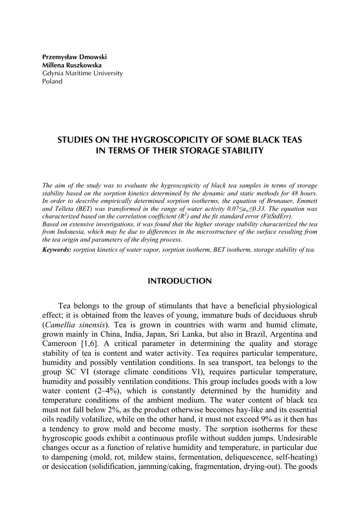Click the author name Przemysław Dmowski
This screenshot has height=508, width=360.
[x=74, y=57]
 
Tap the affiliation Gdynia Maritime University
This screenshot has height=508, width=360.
[x=82, y=73]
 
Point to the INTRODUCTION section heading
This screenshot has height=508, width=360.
[x=180, y=281]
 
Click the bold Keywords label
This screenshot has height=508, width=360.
[x=57, y=250]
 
